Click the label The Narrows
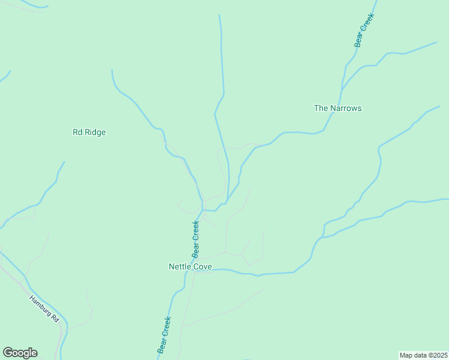point(338,109)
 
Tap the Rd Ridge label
point(89,133)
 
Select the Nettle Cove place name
point(190,266)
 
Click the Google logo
point(20,353)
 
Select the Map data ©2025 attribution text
point(423,355)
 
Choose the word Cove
point(202,266)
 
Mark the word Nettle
point(180,266)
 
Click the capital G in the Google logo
point(8,353)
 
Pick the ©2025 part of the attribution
point(436,355)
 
